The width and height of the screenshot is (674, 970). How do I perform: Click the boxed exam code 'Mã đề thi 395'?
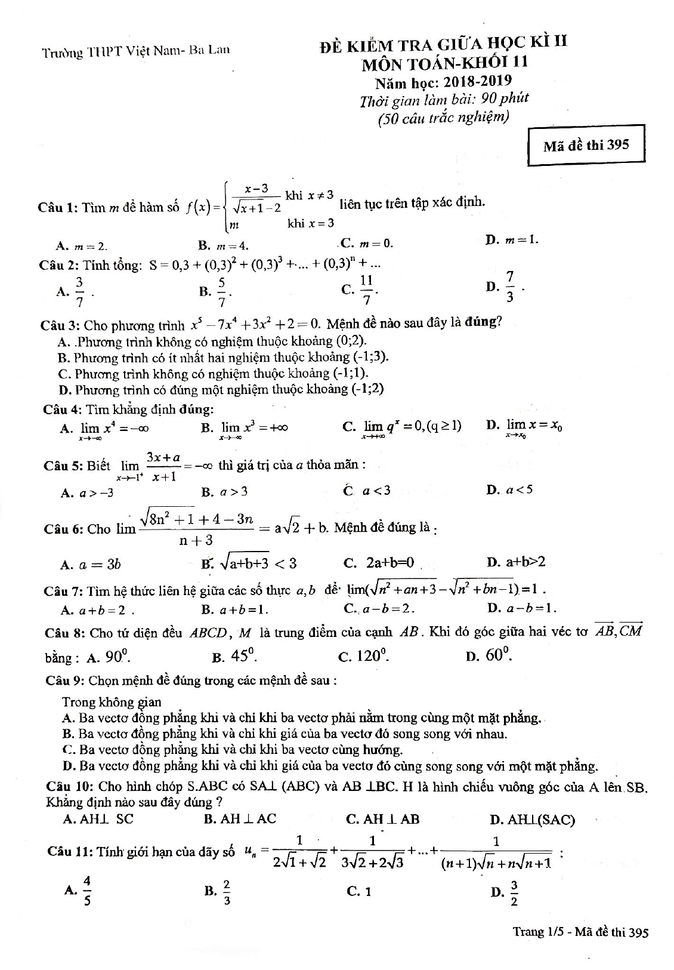586,145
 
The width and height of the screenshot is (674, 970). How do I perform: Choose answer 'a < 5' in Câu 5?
518,490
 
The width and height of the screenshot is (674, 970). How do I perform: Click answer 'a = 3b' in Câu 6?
100,563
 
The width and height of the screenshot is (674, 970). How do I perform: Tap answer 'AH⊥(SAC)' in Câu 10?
540,820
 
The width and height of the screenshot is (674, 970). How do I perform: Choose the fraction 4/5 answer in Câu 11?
87,891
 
